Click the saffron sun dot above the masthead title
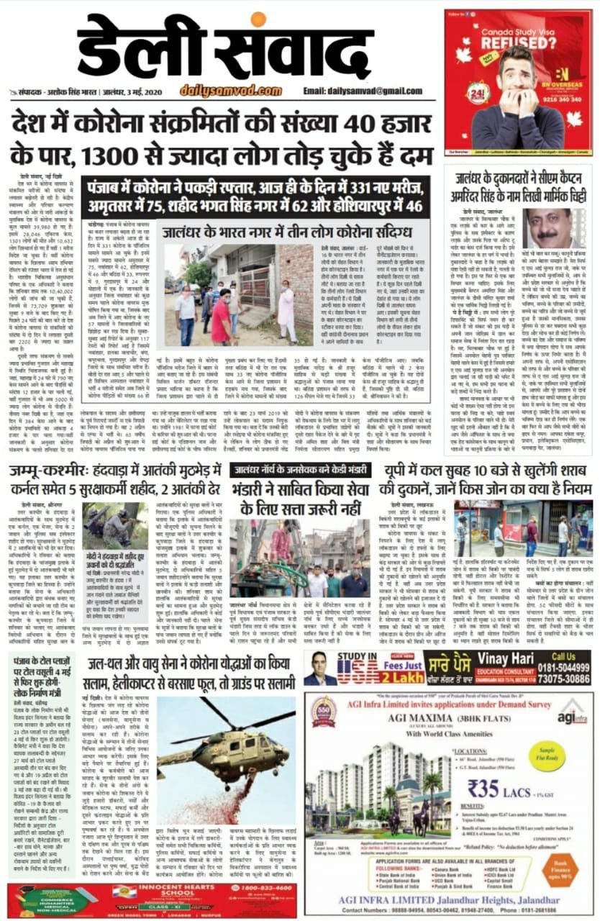(258, 20)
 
